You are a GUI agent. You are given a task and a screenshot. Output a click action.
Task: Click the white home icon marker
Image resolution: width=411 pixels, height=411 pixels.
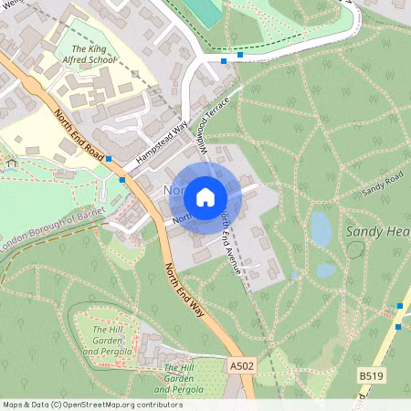tap(205, 196)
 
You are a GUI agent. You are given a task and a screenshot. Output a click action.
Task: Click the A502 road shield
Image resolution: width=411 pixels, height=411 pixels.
tap(240, 366)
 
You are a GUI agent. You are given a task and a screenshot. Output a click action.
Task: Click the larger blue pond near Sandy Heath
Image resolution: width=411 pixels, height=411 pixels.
tap(321, 228)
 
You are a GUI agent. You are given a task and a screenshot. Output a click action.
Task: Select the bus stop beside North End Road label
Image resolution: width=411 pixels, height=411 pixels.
tap(109, 159)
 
